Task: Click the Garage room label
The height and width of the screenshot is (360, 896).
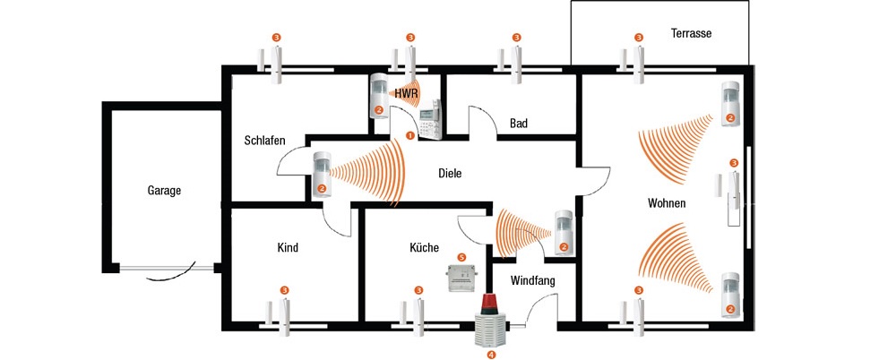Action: (x=164, y=191)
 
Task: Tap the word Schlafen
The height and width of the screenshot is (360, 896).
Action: (x=264, y=141)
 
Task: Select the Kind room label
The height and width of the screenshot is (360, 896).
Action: (x=287, y=248)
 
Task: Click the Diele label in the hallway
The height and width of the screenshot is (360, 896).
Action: (x=450, y=173)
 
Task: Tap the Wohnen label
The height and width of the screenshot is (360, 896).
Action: (x=667, y=203)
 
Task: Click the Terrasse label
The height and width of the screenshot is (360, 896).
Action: (x=691, y=34)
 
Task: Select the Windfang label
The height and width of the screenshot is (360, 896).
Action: (x=533, y=281)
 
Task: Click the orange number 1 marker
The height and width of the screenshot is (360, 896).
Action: (x=409, y=136)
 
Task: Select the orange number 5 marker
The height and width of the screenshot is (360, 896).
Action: (x=462, y=257)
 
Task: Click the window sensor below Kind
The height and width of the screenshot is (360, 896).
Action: (x=277, y=315)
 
